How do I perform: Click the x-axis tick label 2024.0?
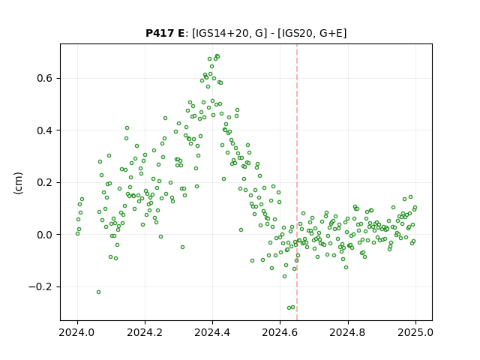(x=77, y=332)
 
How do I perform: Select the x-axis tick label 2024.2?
(x=145, y=332)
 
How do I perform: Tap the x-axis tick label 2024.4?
(x=212, y=332)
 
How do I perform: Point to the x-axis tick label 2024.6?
(x=280, y=332)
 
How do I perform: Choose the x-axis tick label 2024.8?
(x=348, y=332)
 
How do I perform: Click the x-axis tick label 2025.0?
(x=415, y=332)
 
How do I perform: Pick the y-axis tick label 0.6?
(x=45, y=78)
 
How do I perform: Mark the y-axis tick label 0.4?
(x=45, y=130)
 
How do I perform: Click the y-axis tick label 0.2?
(x=45, y=183)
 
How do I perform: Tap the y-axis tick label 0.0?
(x=45, y=235)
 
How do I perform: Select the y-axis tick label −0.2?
(x=40, y=286)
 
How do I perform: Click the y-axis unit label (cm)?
(x=18, y=183)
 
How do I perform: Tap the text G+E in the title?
(x=331, y=33)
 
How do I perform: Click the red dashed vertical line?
(x=297, y=182)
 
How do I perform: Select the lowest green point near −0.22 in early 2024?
(x=98, y=292)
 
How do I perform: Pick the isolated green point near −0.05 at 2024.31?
(x=183, y=247)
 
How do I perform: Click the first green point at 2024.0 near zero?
(x=77, y=233)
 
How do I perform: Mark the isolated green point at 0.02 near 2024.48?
(x=241, y=230)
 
